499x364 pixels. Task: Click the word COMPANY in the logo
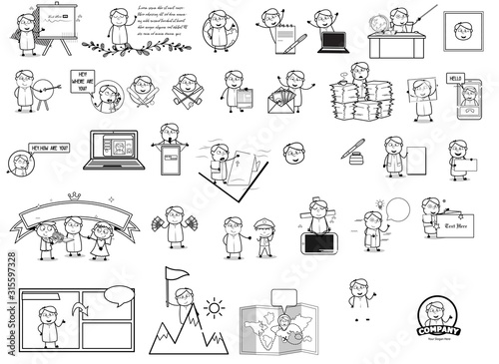tap(437, 328)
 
